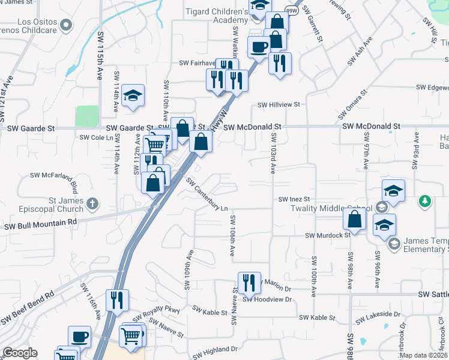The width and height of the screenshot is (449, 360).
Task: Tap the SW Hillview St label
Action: coord(279,104)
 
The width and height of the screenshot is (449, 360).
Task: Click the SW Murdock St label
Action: coord(328,236)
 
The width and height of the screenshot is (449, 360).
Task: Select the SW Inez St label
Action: coord(294,199)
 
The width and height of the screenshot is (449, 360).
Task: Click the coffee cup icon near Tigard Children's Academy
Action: coord(259,47)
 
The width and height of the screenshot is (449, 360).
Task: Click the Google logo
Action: coord(20,353)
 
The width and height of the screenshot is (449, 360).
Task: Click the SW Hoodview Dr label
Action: coord(267,298)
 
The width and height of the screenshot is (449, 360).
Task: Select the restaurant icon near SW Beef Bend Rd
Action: coord(117,299)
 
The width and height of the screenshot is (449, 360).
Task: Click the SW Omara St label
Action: coord(351,106)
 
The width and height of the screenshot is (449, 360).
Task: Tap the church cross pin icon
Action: coord(92,203)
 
